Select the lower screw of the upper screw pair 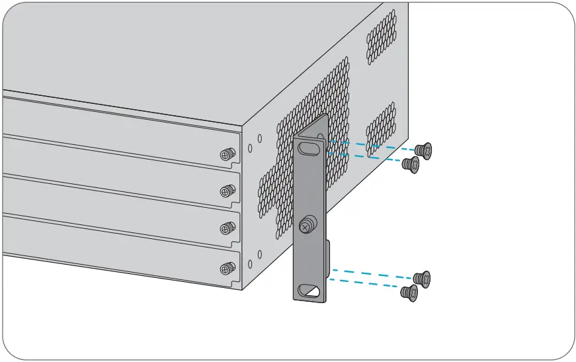click(x=411, y=164)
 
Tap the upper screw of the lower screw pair click(x=422, y=279)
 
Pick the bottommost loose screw click(x=409, y=293)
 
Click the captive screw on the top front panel click(x=227, y=155)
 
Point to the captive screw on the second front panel click(x=227, y=191)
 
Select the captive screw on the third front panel click(x=227, y=228)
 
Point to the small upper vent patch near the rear click(x=382, y=36)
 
